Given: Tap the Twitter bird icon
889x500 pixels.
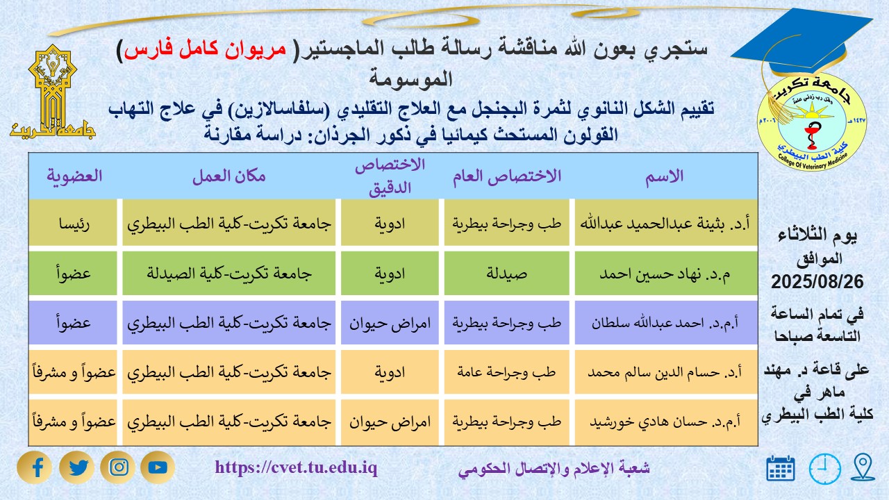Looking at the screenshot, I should pyautogui.click(x=78, y=467).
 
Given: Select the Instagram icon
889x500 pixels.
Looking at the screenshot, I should pyautogui.click(x=119, y=467).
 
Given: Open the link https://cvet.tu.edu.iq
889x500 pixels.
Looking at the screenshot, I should pyautogui.click(x=296, y=467).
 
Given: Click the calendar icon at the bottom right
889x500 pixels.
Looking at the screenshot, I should pyautogui.click(x=781, y=469).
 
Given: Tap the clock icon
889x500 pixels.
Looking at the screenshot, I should pyautogui.click(x=824, y=469).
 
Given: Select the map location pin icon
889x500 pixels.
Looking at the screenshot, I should pyautogui.click(x=863, y=467).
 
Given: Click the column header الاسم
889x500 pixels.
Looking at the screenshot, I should pyautogui.click(x=665, y=176).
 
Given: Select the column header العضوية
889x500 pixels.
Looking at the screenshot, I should pyautogui.click(x=74, y=176).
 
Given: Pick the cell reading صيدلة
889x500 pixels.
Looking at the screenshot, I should pyautogui.click(x=508, y=273).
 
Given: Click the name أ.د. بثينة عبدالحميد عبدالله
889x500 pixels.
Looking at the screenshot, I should pyautogui.click(x=665, y=224).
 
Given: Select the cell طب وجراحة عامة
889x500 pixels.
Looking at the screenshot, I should pyautogui.click(x=508, y=372).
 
